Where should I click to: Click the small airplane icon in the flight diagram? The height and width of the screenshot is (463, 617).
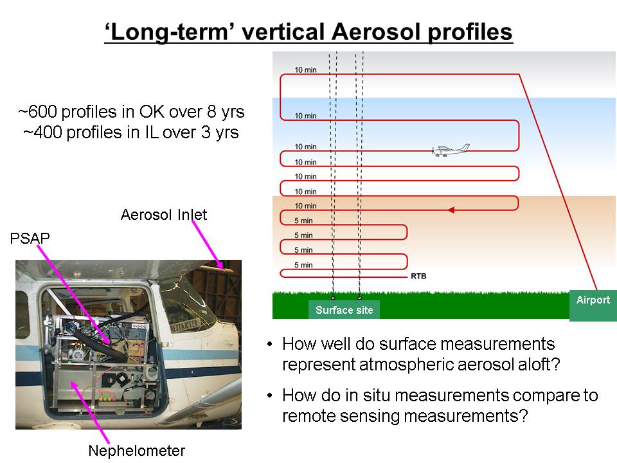451,150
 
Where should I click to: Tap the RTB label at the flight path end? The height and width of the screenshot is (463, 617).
418,276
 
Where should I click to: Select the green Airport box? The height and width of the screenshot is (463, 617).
593,305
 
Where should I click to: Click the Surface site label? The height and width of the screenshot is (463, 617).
344,310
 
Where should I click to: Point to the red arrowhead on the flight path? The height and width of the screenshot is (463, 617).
451,210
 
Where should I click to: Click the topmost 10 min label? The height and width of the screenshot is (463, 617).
305,69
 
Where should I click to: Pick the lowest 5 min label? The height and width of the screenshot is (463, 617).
303,265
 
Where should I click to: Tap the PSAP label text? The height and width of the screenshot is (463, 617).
30,238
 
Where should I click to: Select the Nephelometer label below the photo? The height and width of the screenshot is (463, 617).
136,450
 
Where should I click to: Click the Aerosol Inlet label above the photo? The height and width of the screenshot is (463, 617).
164,215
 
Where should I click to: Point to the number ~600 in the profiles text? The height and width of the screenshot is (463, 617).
37,111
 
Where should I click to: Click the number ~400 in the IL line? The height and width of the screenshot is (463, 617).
42,132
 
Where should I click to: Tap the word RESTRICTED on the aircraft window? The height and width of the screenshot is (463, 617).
184,325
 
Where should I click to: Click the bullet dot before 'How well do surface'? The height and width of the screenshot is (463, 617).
269,344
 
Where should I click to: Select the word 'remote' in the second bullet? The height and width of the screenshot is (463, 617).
308,416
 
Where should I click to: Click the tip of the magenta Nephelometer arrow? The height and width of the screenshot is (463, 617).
71,381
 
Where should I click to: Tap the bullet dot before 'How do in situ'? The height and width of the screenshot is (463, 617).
269,395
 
